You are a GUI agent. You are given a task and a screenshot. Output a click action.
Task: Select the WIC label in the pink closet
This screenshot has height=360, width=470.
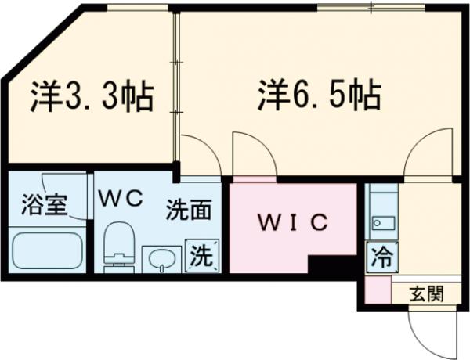click(x=293, y=222)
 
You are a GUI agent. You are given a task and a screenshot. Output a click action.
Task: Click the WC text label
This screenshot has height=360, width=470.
click(x=120, y=198)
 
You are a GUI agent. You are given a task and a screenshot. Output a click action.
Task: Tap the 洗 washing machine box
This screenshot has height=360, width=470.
click(x=202, y=254)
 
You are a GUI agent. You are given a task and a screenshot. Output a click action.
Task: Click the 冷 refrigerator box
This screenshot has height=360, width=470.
click(x=381, y=254)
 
